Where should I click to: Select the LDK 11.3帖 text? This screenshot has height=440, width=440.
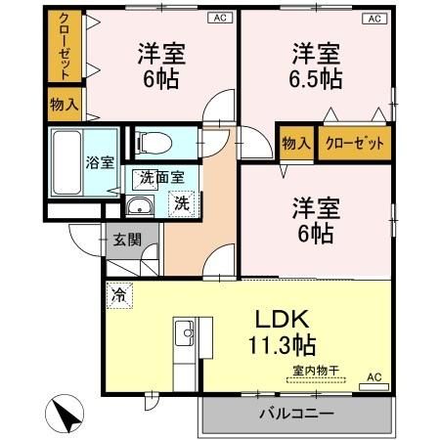pos(283,332)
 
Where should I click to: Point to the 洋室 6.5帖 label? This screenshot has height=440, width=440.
pos(315,65)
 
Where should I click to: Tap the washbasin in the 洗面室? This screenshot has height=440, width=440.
pos(141,205)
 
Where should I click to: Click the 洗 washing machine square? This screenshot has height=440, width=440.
pos(182,203)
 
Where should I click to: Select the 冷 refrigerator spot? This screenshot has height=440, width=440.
pos(119,292)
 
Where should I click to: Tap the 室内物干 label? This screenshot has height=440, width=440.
pos(316,370)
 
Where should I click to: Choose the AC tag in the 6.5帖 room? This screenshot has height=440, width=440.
pos(373,19)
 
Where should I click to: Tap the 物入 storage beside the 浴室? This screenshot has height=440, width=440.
pos(66,104)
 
